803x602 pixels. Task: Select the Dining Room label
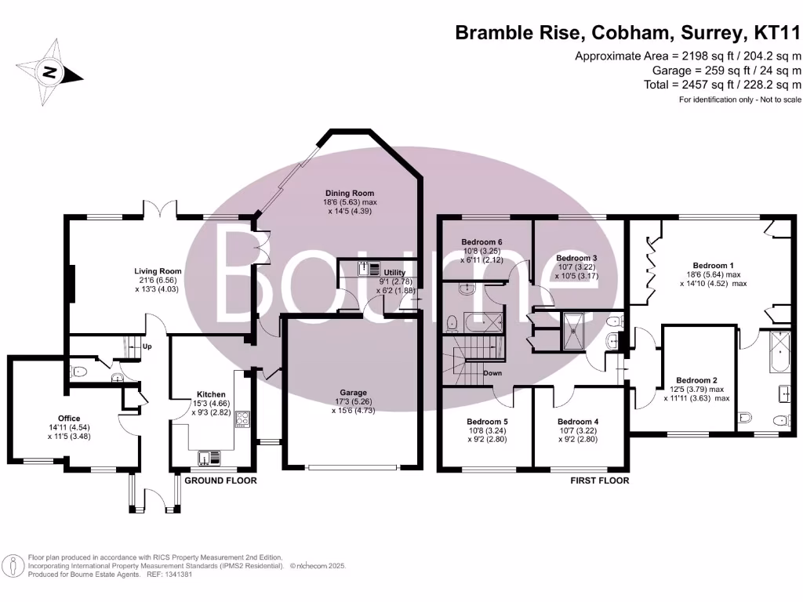[350, 192]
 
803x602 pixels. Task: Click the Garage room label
[353, 393]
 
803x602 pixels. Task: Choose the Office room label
[69, 419]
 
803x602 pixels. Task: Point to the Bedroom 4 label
[579, 421]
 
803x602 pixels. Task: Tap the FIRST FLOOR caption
[599, 481]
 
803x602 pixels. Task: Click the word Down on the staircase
[492, 373]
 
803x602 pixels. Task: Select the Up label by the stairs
[146, 346]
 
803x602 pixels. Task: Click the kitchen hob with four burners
[242, 419]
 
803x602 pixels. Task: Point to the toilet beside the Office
[77, 370]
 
